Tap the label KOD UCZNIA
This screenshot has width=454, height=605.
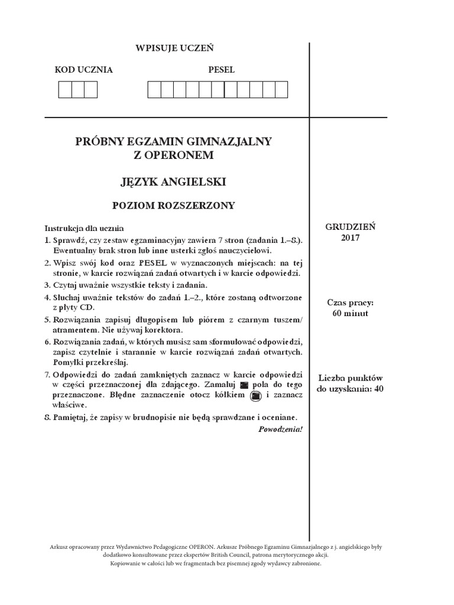[x=83, y=70]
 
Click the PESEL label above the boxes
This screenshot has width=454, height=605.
[x=221, y=70]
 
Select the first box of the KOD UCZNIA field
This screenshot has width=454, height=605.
[x=64, y=90]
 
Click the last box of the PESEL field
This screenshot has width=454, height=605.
[x=281, y=90]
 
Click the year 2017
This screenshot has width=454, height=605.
[x=350, y=238]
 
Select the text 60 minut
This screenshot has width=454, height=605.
[x=350, y=313]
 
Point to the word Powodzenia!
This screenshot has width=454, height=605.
[x=280, y=429]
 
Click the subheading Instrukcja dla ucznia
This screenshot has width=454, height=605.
[x=84, y=227]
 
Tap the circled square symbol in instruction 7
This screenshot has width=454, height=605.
[x=256, y=395]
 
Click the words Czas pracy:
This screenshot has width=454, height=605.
[x=350, y=302]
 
